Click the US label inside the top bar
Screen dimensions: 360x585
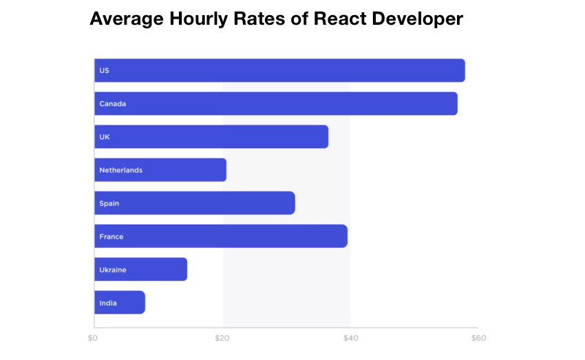tap(104, 71)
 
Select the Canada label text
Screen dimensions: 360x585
tap(112, 104)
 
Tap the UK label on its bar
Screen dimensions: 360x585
tap(104, 137)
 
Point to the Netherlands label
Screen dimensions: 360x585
tap(120, 170)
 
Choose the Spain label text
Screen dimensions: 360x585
tap(109, 203)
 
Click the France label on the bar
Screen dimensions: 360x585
tap(111, 237)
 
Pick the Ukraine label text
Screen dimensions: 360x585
tap(112, 270)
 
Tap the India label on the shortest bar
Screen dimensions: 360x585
tap(107, 303)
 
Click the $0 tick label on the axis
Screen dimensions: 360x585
tap(93, 338)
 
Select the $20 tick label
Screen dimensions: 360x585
tap(222, 338)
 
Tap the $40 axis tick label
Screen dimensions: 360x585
tap(350, 338)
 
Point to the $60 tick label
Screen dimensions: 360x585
tap(478, 338)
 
